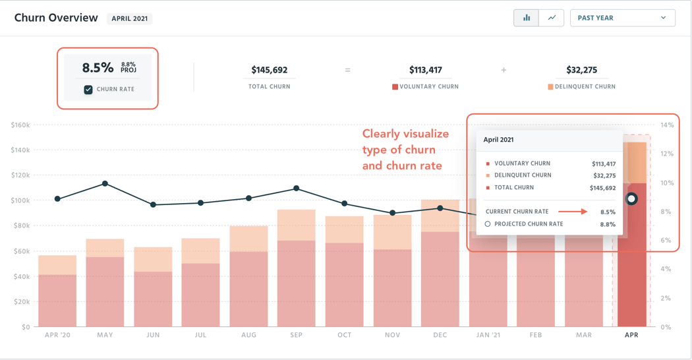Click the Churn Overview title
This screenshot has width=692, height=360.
56,18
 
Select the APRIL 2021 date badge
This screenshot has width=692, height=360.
129,18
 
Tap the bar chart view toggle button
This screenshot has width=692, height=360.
526,18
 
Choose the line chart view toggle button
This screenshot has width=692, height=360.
552,18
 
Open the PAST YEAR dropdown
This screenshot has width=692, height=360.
622,18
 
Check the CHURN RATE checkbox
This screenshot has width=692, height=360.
88,89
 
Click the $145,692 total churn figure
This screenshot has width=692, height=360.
269,69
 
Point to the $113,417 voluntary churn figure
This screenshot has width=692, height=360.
425,69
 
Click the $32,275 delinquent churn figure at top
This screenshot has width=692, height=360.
581,69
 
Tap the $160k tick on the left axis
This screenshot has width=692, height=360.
20,125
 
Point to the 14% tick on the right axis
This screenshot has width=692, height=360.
667,125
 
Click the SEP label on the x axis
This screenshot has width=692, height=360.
297,335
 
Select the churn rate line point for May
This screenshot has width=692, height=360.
105,184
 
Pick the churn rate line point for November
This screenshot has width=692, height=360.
393,213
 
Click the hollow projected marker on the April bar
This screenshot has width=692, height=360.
631,198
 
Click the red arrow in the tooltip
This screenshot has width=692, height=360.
573,212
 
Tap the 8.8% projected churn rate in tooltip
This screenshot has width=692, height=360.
607,224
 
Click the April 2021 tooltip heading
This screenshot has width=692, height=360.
498,140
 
